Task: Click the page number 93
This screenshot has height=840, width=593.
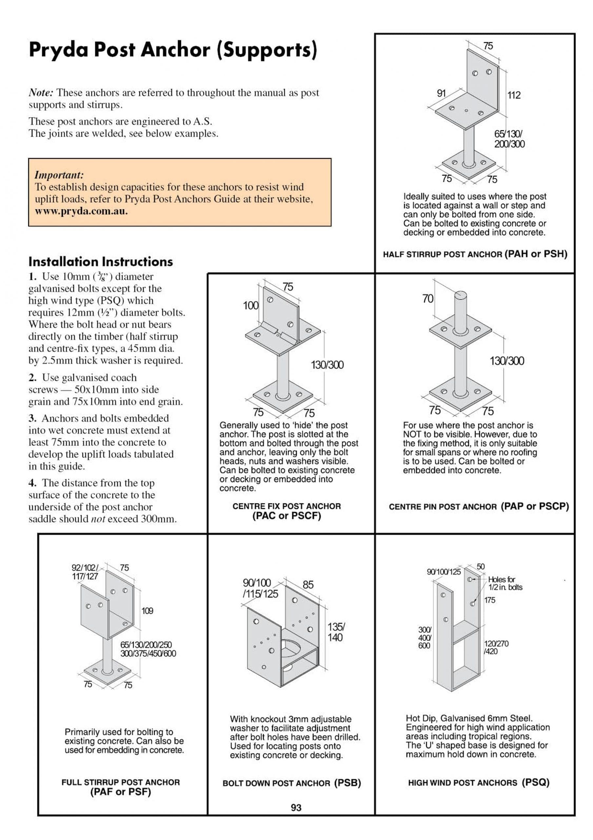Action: tap(296, 808)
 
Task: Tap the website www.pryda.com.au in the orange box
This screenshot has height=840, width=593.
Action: tap(81, 211)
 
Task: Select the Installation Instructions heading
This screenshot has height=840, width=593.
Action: tap(101, 262)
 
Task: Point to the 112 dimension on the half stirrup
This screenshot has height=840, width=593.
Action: tap(514, 95)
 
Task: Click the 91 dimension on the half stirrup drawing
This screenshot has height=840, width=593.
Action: tap(441, 93)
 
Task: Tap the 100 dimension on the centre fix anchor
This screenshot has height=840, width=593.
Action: tap(250, 305)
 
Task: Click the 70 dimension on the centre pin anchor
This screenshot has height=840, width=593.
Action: tap(428, 299)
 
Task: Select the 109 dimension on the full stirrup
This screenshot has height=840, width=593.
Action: tap(147, 611)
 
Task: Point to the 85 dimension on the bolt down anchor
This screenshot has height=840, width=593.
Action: tap(308, 585)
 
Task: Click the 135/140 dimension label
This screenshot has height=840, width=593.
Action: tap(336, 632)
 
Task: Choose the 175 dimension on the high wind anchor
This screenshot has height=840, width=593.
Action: tap(489, 600)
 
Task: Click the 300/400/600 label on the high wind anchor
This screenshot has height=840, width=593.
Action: tap(425, 637)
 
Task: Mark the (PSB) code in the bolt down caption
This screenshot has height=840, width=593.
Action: tap(347, 783)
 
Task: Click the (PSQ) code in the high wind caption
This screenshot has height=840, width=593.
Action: tap(536, 782)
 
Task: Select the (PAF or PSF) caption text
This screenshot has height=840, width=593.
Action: tap(120, 792)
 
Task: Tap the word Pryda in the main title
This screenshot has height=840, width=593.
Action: tap(58, 50)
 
